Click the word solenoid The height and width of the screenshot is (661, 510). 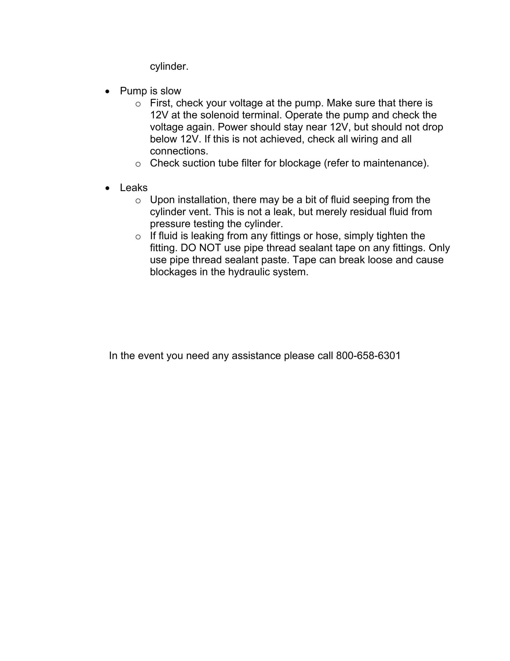220,115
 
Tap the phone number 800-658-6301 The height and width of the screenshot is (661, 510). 368,356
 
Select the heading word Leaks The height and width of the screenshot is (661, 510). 134,188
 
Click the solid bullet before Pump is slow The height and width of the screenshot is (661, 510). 107,91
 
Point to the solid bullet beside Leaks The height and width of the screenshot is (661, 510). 107,188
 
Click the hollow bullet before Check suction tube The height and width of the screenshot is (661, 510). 138,164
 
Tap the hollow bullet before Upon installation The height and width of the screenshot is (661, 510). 138,200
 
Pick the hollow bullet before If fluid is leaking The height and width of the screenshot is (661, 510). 138,236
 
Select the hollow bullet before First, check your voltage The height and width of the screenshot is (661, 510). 138,104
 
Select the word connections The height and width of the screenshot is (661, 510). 179,151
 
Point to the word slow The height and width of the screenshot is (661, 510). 171,91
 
